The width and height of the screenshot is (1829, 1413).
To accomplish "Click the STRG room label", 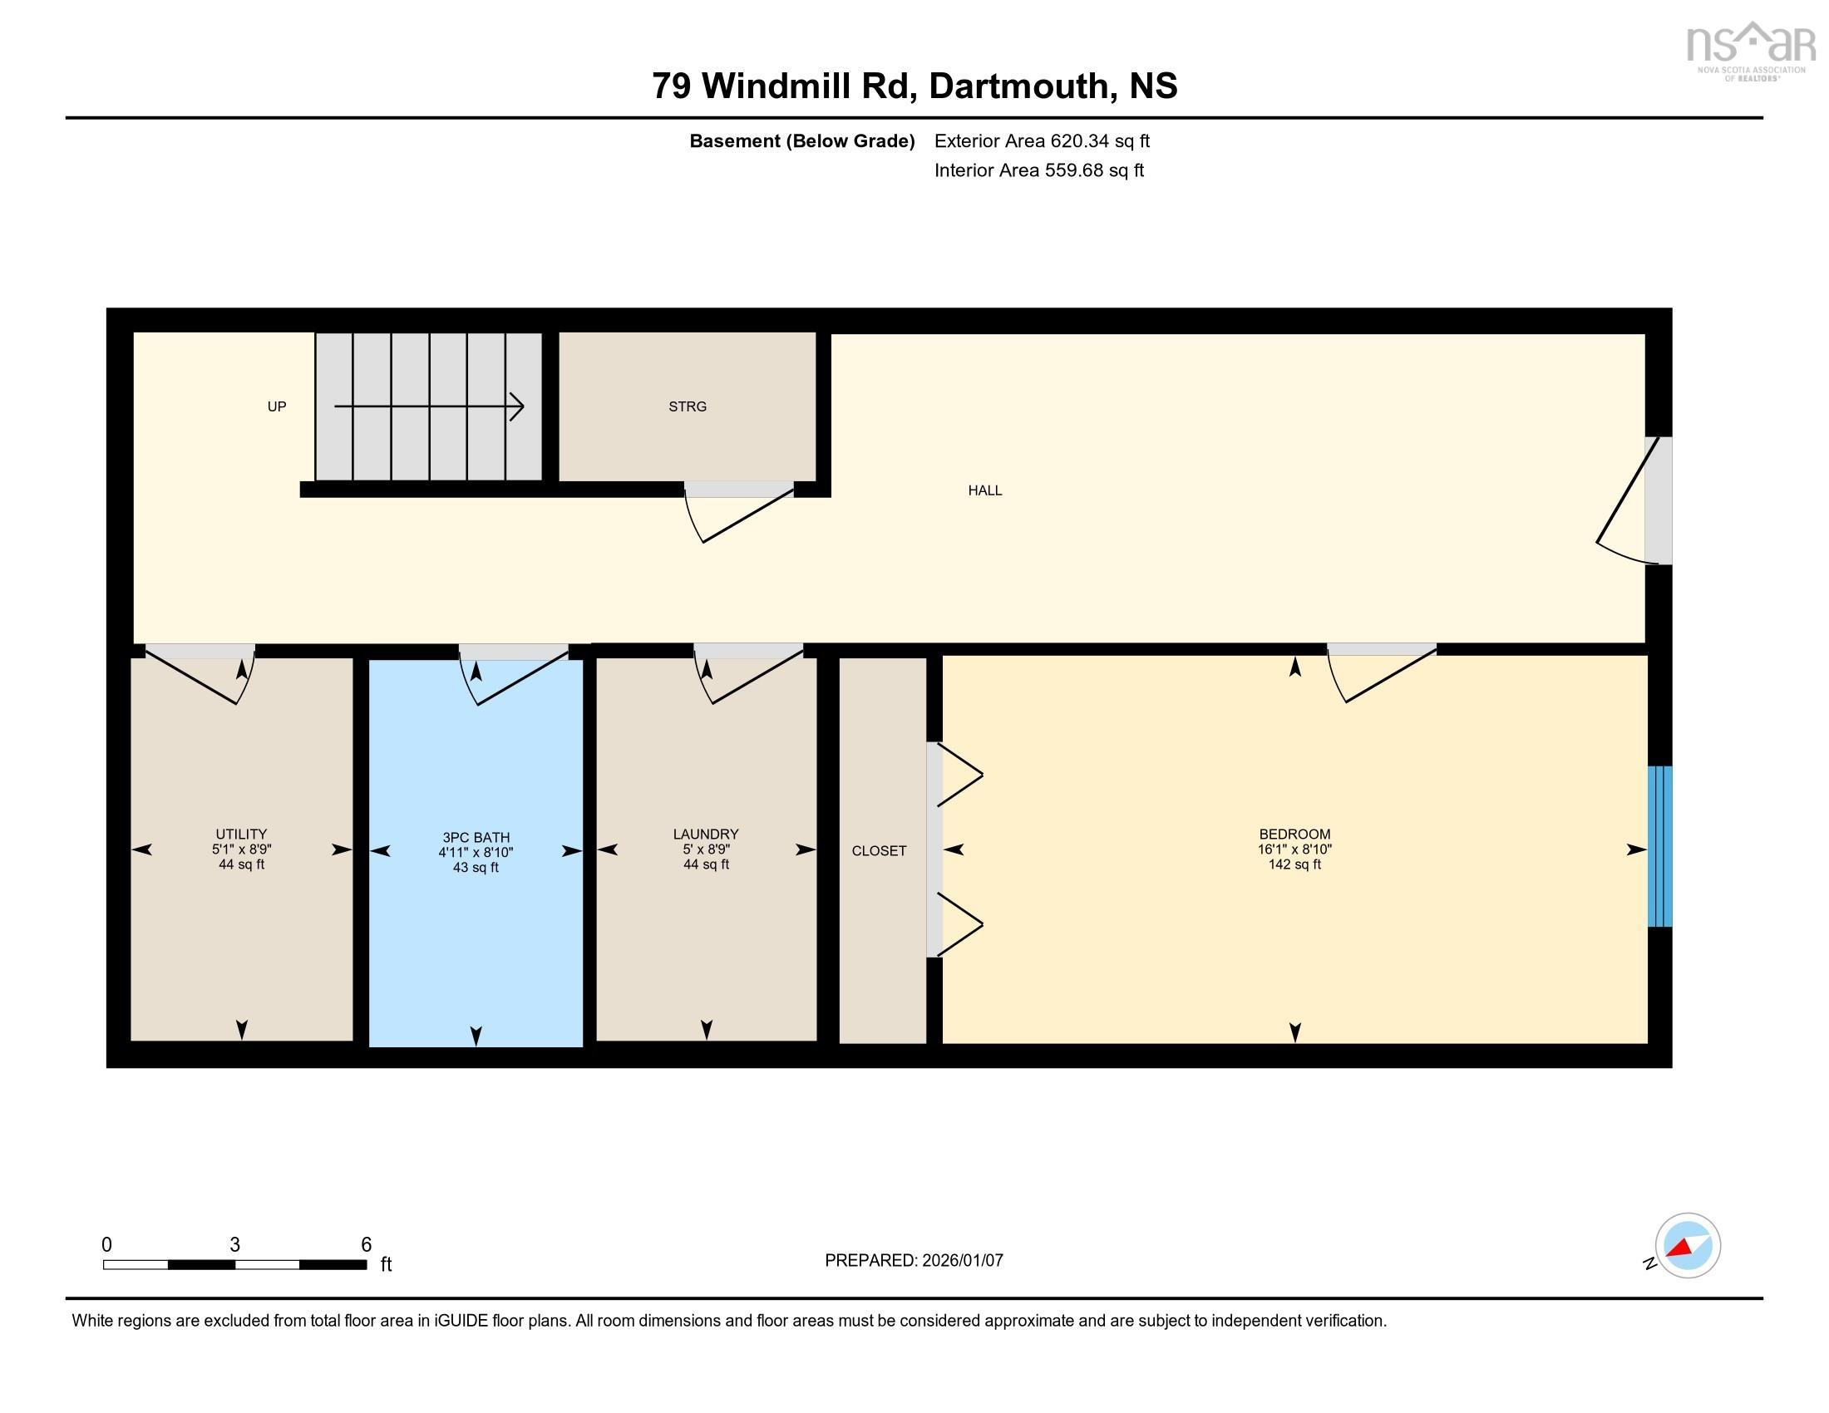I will tap(687, 406).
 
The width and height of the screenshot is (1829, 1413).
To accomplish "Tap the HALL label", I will tap(985, 490).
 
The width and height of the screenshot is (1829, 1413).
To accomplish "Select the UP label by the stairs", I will tap(276, 406).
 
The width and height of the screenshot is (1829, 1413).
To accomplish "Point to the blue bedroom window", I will tap(1659, 846).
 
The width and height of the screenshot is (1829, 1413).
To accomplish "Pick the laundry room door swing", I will tap(746, 677).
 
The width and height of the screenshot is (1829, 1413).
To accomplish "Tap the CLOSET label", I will tap(879, 851).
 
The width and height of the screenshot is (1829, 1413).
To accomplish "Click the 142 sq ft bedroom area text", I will tap(1294, 864).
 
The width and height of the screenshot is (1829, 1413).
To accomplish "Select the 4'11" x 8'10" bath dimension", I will tap(476, 853).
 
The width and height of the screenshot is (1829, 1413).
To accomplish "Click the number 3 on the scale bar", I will tap(234, 1245).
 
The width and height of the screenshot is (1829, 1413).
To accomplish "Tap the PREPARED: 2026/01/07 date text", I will tap(914, 1261).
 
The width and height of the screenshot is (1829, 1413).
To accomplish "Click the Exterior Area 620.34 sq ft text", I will tap(1042, 141).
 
